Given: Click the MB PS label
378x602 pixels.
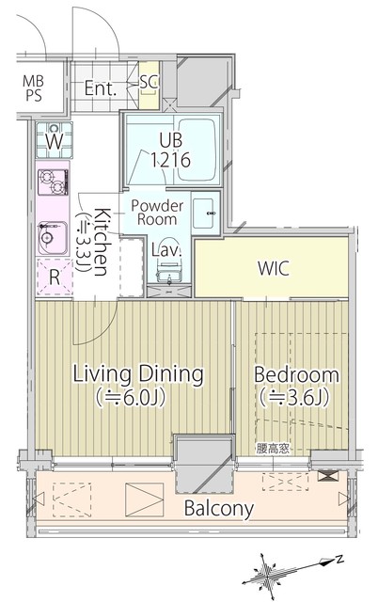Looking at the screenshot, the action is [34, 87].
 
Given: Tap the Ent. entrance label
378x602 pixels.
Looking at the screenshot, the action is [101, 88].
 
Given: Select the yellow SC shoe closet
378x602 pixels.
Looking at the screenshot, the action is [149, 85].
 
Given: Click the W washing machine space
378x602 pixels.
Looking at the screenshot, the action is [55, 140].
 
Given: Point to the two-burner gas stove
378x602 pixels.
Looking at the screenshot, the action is [53, 182].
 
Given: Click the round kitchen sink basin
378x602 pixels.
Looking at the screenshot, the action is [47, 238].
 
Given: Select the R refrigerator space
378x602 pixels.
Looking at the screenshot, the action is [55, 277].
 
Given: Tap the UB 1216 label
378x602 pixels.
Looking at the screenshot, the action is [170, 150].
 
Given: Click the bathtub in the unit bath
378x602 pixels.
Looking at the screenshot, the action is [197, 150].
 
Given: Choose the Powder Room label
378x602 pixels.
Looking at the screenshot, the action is [157, 213].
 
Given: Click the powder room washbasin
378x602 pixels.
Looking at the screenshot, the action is [205, 214].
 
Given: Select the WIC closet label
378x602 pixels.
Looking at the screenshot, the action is [274, 268].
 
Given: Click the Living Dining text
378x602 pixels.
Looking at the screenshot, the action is [138, 374].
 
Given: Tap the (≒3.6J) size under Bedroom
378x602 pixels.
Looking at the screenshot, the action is [295, 398].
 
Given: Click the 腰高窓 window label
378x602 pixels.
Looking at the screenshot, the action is [273, 449].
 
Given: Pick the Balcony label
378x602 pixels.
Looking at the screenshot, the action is [219, 508].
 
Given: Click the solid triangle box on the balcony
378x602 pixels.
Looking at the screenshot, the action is [144, 499].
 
